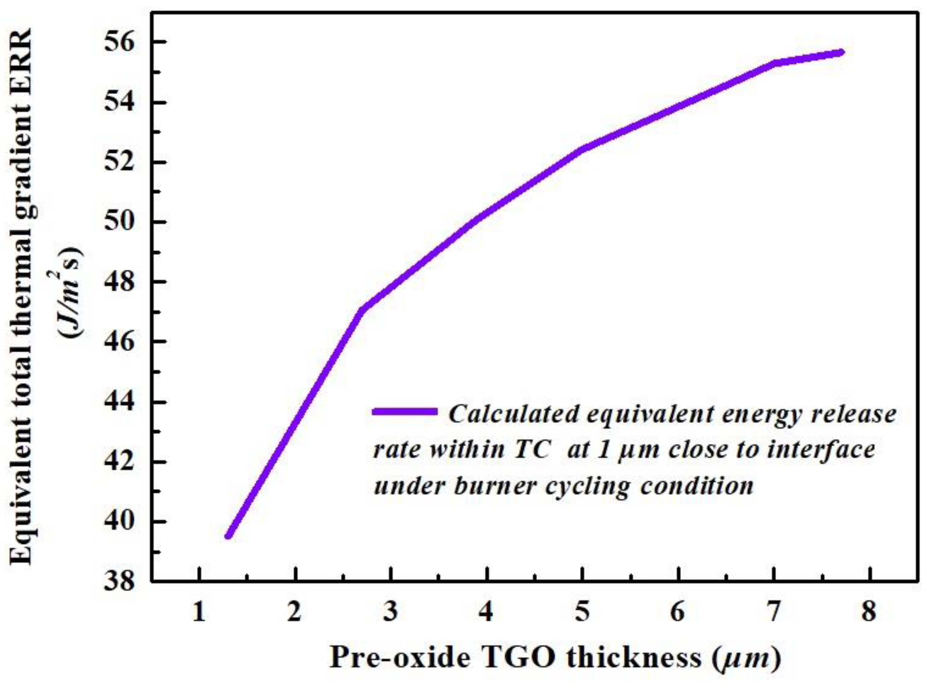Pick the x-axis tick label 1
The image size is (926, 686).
[199, 613]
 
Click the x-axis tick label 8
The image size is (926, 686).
[869, 613]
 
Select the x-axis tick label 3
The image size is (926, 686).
[390, 613]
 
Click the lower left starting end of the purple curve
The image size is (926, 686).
[228, 536]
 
